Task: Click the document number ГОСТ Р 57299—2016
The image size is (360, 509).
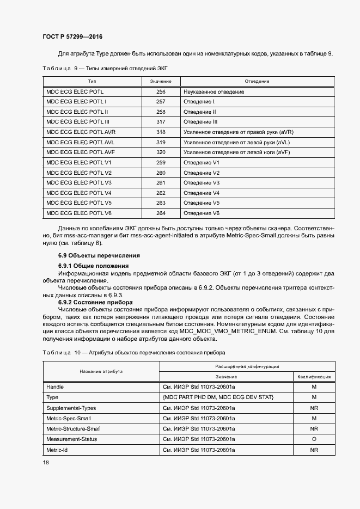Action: click(72, 37)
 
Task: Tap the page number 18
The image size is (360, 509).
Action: click(46, 462)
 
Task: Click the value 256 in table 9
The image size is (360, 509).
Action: click(161, 92)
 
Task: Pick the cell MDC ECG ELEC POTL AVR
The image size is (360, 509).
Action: click(81, 132)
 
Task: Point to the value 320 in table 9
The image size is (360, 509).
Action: click(161, 152)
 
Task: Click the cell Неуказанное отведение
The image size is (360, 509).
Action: click(214, 92)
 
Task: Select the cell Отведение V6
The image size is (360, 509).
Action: click(202, 213)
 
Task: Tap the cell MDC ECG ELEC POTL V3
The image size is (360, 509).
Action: click(79, 182)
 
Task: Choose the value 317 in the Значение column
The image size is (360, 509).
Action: click(161, 122)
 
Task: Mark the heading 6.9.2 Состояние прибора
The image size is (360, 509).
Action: click(95, 302)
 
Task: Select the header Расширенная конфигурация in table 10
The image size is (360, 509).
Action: click(247, 367)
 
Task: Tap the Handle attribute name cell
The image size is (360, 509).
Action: click(56, 387)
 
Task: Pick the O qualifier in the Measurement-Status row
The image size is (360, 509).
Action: click(314, 439)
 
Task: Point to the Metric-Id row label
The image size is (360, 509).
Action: click(58, 450)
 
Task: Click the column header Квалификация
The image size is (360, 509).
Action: click(314, 377)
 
